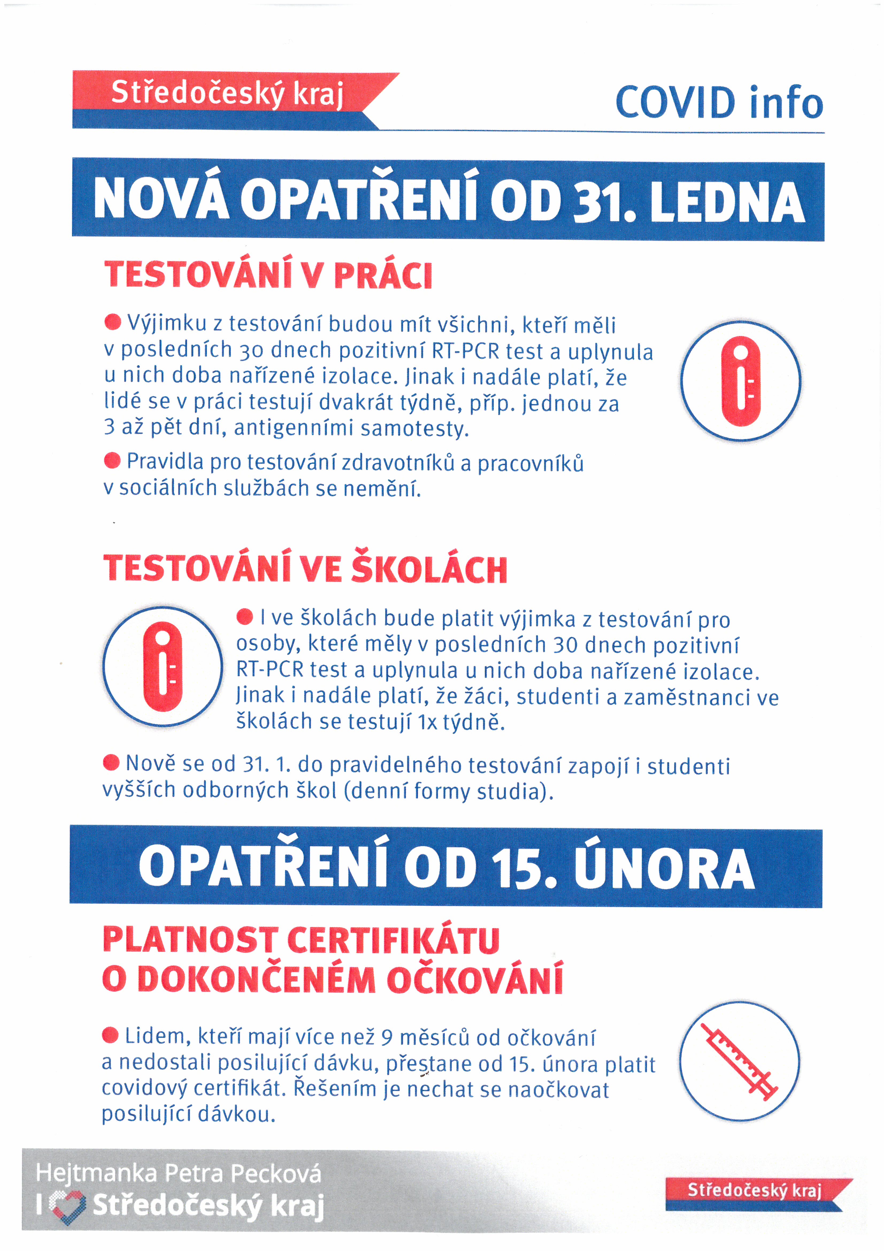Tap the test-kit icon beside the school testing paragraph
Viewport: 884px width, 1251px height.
[162, 666]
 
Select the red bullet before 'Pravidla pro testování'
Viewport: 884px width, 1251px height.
[112, 460]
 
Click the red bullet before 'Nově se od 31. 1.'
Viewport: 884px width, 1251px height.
[111, 762]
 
